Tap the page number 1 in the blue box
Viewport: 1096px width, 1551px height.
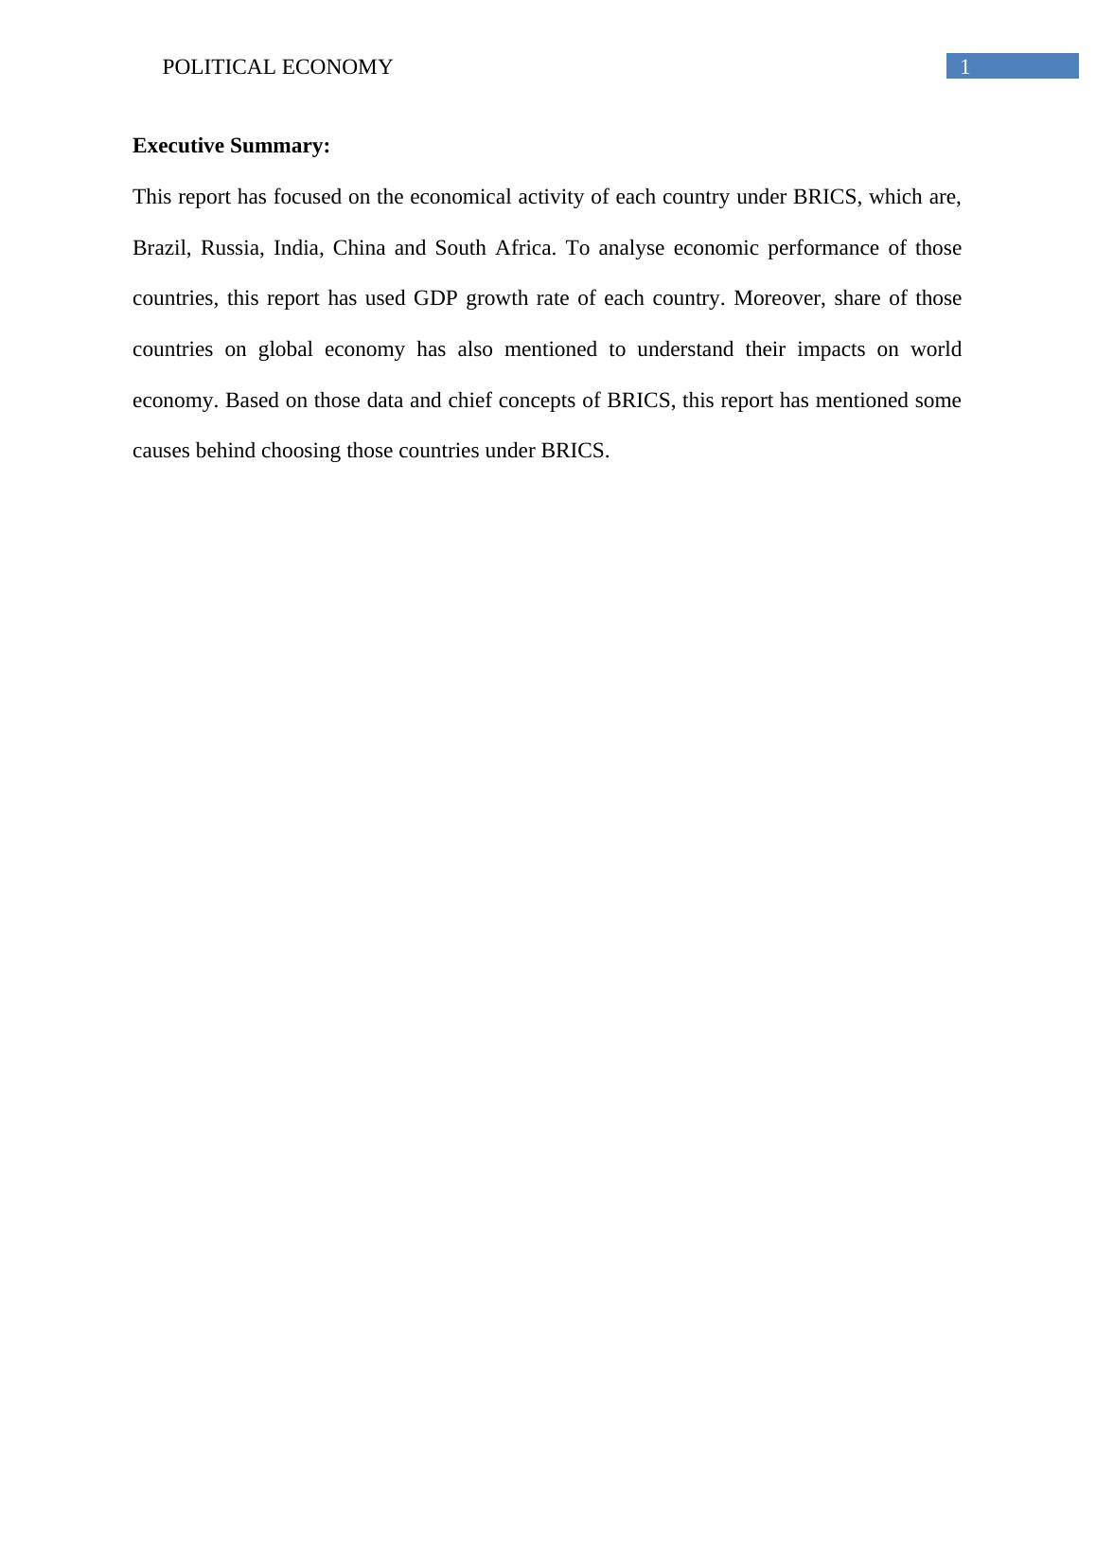(965, 67)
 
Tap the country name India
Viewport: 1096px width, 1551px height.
(297, 248)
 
